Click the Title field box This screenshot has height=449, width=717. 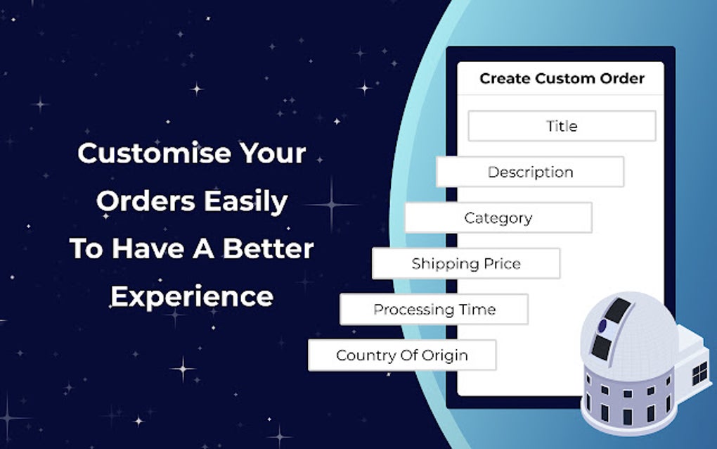562,126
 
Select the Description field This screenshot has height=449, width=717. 530,172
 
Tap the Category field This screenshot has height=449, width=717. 498,217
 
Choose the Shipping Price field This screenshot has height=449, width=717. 466,263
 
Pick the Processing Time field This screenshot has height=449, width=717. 434,310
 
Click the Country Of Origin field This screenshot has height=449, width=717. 402,355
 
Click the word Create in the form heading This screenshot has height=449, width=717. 505,78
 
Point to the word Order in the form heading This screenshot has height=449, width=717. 622,78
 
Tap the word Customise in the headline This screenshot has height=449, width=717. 154,153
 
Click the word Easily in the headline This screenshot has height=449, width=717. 245,201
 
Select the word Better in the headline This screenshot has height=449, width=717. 268,248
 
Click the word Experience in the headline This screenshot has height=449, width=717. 192,296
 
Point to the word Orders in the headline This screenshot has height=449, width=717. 146,201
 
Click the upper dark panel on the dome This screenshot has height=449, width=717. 618,310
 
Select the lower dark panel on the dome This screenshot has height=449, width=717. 601,347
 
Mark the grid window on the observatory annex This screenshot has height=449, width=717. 699,372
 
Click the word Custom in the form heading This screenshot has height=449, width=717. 565,78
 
